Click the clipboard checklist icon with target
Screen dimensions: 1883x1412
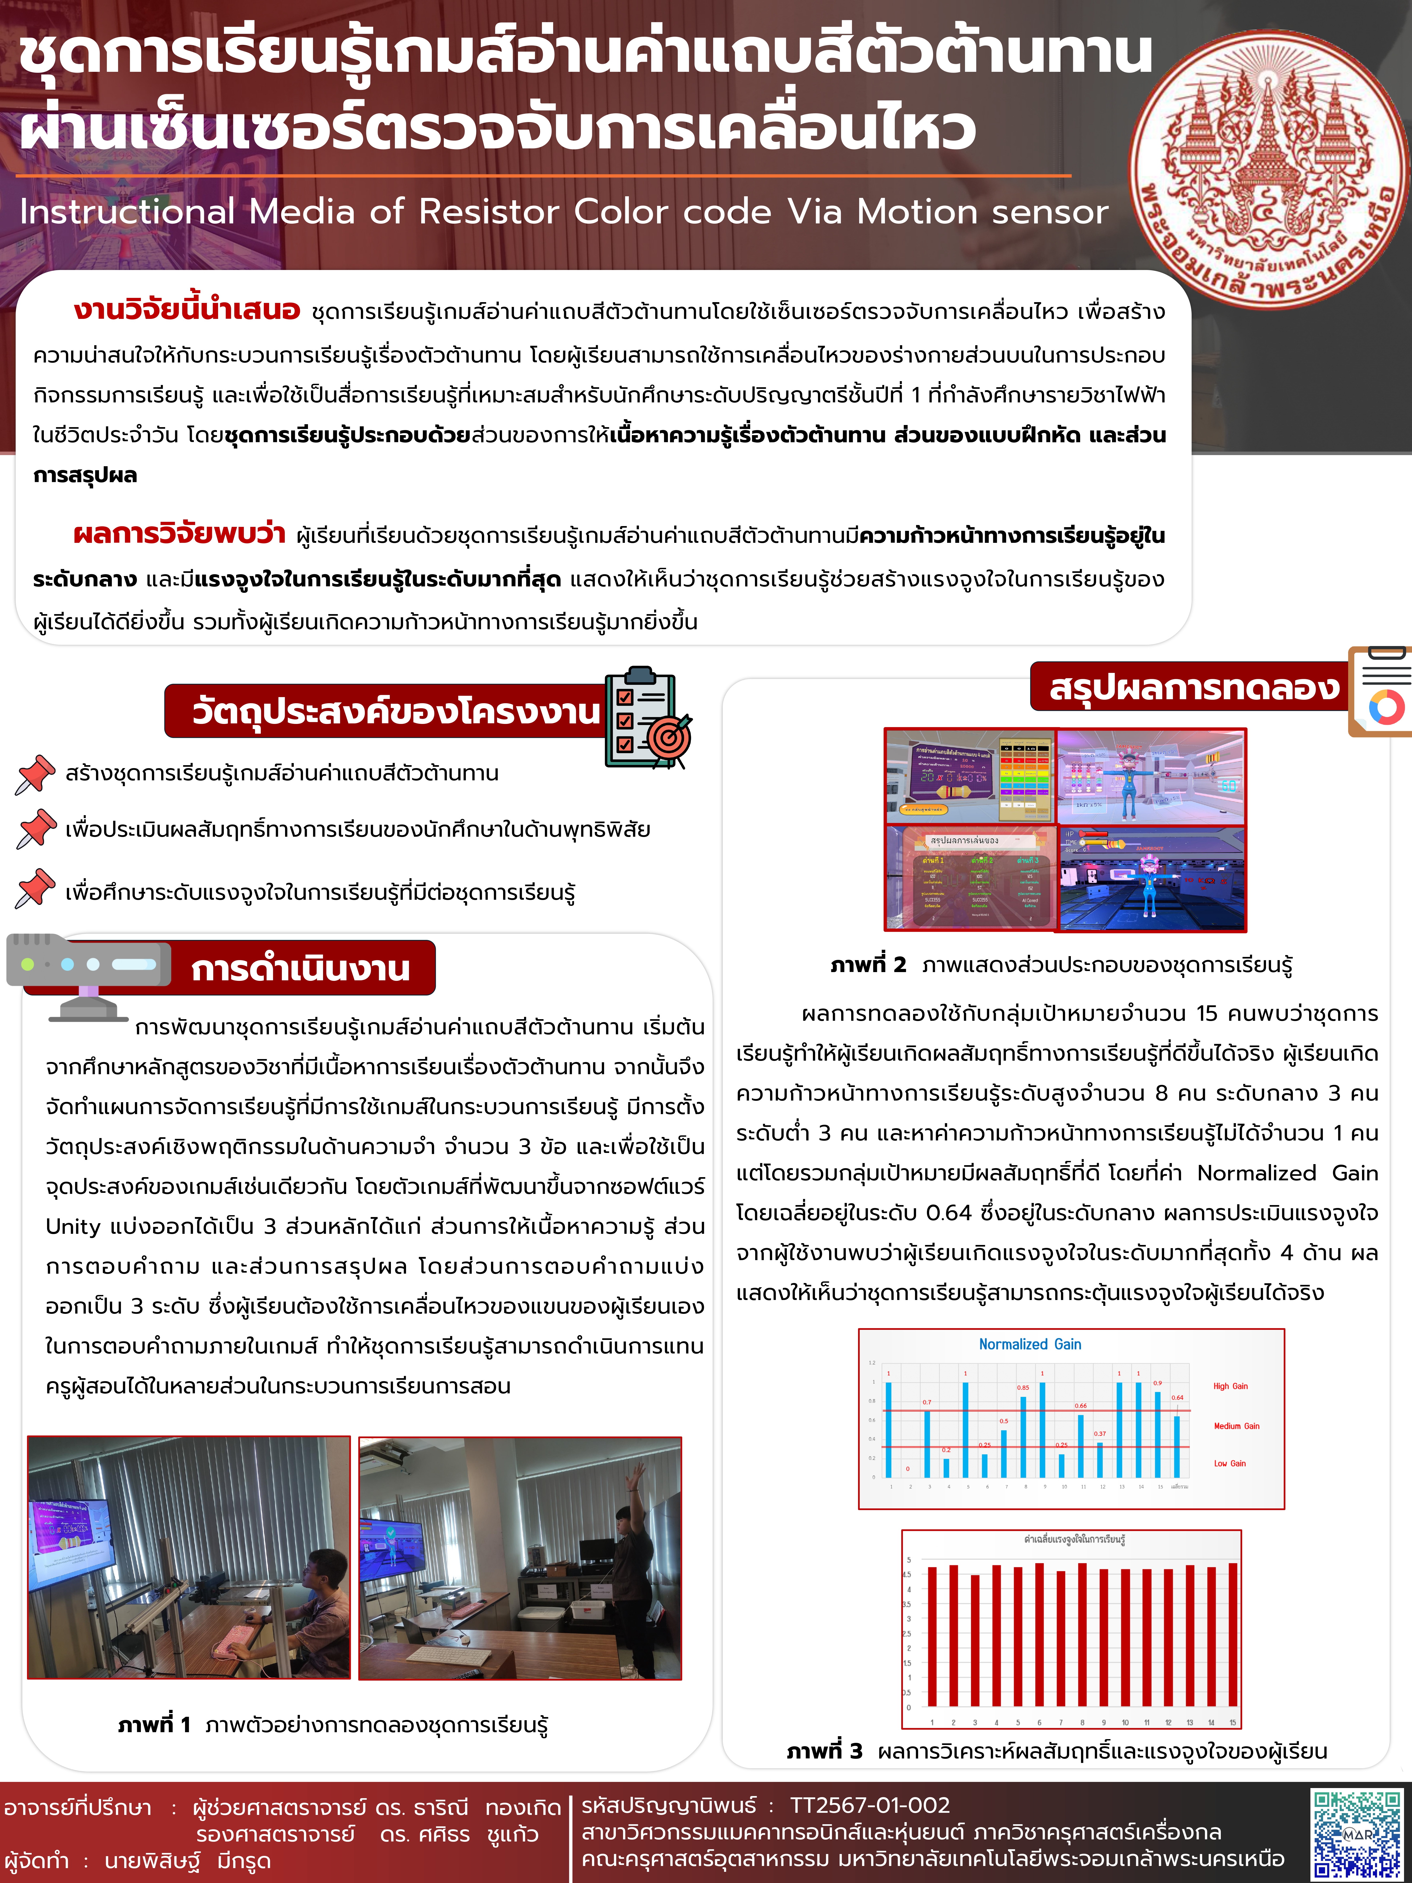click(647, 718)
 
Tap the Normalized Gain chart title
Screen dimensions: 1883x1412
click(1030, 1344)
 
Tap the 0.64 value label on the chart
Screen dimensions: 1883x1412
click(1177, 1397)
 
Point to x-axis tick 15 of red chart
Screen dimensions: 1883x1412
click(1233, 1722)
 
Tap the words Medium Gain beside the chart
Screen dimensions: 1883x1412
click(1236, 1426)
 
